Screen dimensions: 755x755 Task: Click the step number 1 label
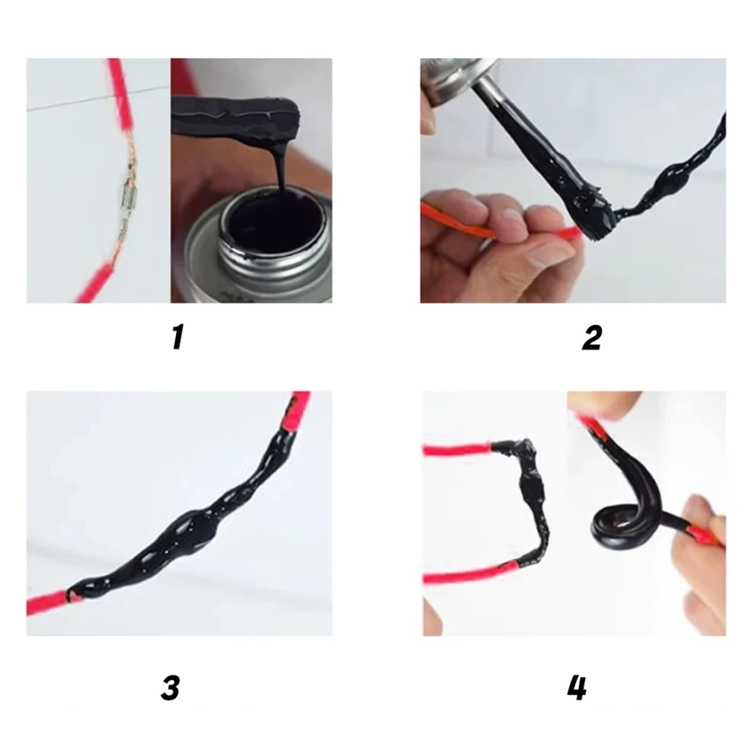[x=178, y=337]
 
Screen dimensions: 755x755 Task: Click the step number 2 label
[x=592, y=338]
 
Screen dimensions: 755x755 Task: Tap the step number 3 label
[x=171, y=688]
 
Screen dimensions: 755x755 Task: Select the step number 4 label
[x=577, y=688]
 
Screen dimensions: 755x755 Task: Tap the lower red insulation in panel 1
[x=95, y=284]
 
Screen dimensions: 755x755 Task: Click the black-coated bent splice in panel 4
[x=532, y=501]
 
